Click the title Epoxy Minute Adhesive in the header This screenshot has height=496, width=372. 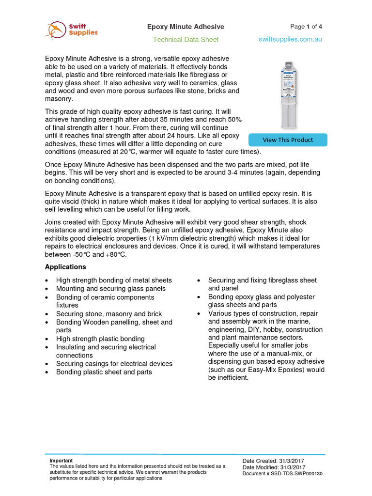tap(186, 27)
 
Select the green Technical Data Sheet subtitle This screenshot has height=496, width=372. tap(186, 40)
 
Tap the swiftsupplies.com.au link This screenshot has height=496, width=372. tap(290, 39)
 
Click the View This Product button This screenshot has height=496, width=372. tap(288, 140)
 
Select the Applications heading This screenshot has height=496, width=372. tap(65, 267)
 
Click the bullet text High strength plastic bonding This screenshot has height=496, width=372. tap(100, 339)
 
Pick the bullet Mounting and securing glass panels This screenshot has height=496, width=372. tap(110, 289)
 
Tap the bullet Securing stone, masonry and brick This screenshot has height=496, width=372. tap(109, 314)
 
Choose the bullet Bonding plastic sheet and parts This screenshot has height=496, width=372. tap(104, 372)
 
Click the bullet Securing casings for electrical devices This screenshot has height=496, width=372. tap(114, 364)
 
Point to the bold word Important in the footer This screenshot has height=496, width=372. tap(61, 461)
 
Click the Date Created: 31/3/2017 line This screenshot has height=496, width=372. tap(273, 461)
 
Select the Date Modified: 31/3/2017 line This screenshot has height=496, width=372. tap(274, 467)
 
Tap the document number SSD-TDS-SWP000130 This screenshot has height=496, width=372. tap(296, 474)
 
